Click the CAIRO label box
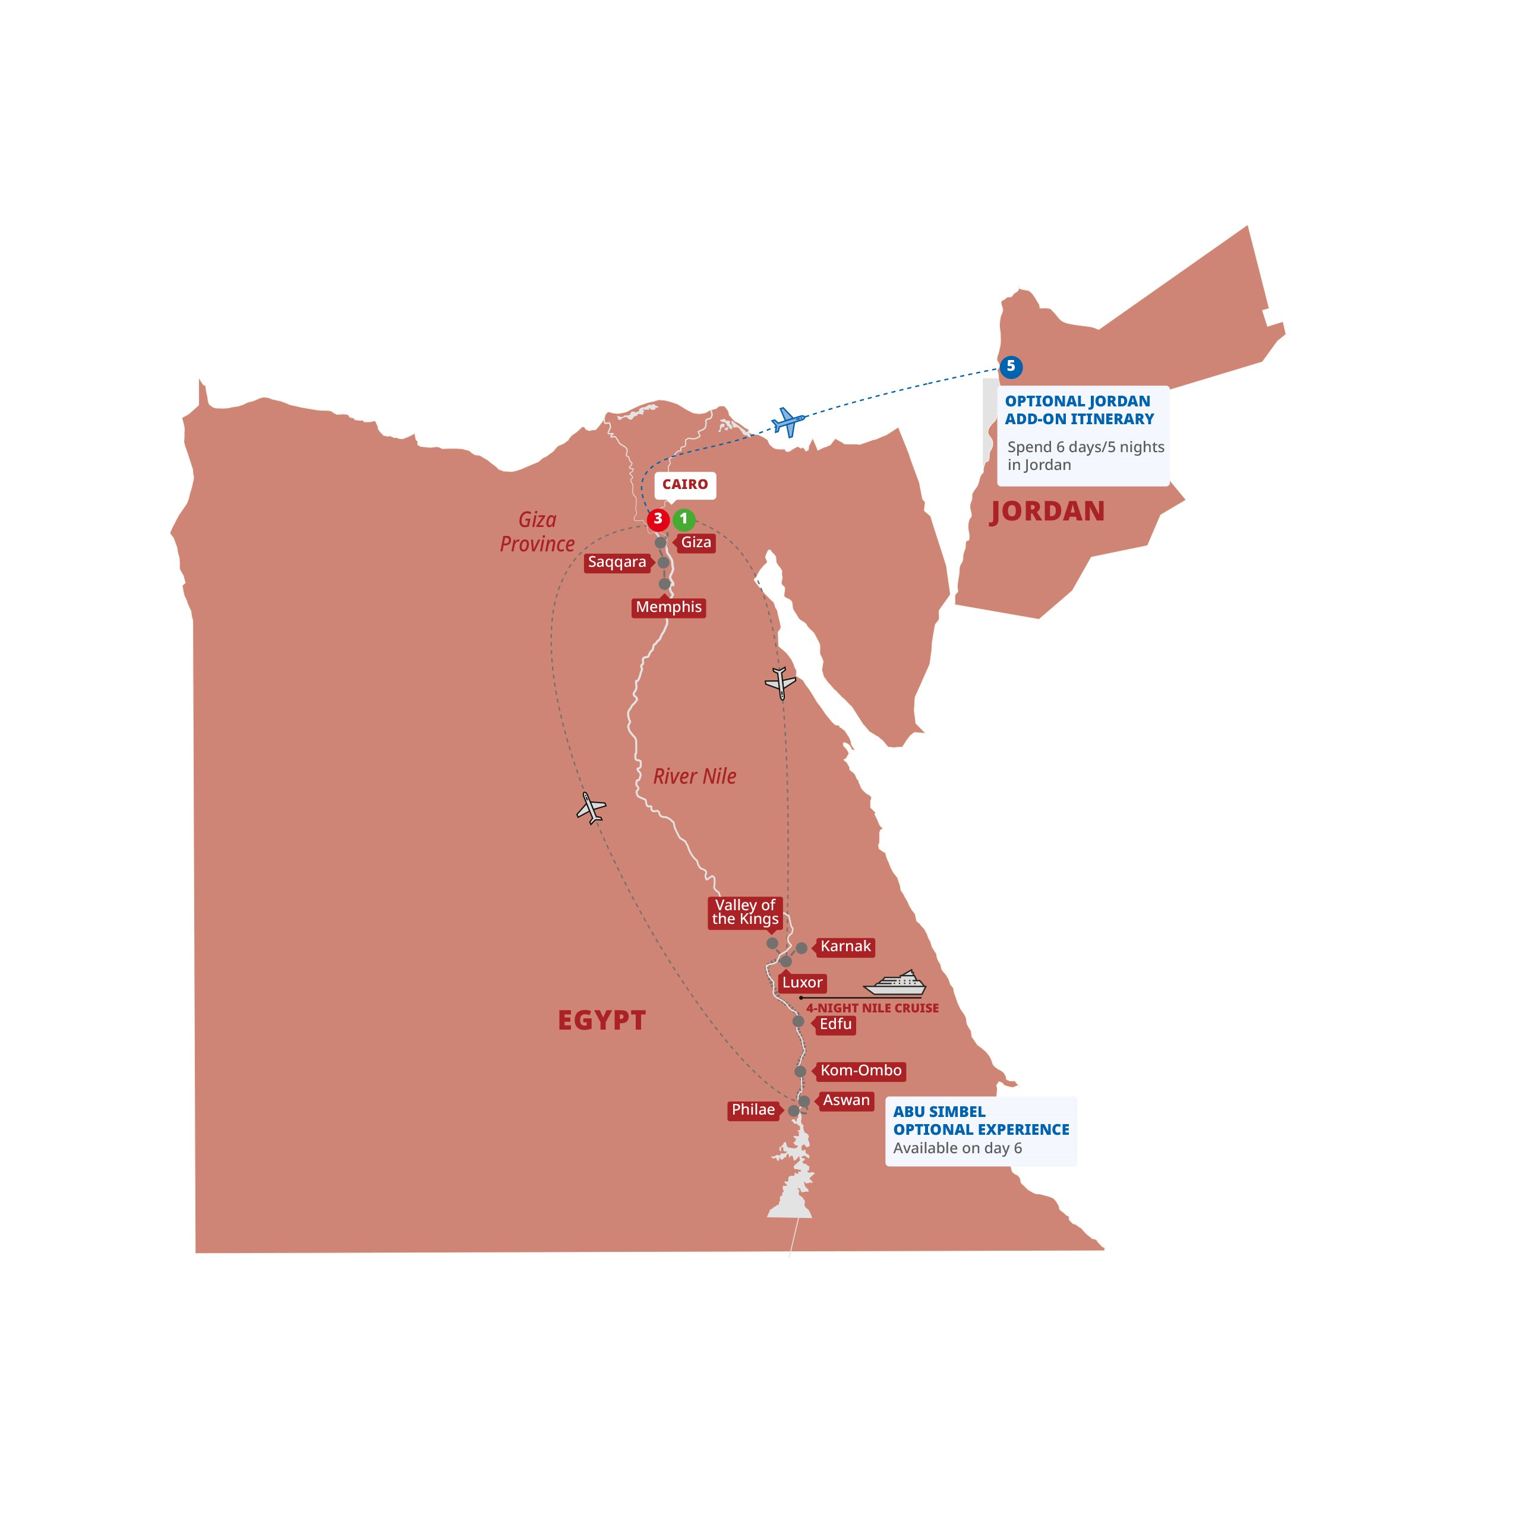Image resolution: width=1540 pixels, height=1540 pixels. [684, 485]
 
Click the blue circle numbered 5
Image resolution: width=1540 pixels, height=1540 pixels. [1011, 367]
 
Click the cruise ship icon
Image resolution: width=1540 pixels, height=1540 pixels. [895, 984]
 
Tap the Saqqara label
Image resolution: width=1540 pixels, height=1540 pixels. [617, 563]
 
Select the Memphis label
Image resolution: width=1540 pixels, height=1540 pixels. [669, 607]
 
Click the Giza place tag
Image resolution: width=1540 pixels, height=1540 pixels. [696, 543]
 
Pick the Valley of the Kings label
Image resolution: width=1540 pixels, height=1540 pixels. [744, 913]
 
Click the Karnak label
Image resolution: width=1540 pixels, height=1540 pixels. [845, 947]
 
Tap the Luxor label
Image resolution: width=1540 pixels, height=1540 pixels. [802, 983]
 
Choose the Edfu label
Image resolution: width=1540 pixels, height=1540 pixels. [835, 1024]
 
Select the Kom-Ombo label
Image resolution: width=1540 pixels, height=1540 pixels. [861, 1071]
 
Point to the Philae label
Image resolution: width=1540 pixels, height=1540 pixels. [753, 1110]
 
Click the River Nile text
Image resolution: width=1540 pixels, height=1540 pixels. [695, 777]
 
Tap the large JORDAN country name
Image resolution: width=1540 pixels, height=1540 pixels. [1047, 512]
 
